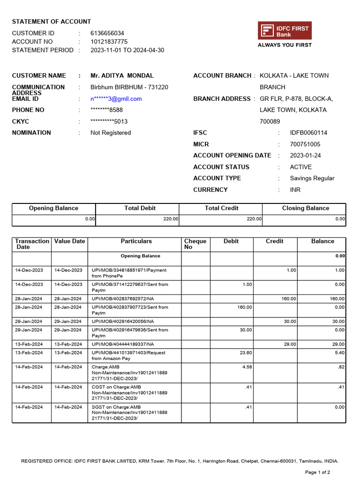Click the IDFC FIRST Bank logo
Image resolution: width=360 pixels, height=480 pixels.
pyautogui.click(x=285, y=31)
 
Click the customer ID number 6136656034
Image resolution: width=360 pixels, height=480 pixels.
pyautogui.click(x=107, y=33)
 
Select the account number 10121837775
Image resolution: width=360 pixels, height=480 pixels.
pyautogui.click(x=109, y=42)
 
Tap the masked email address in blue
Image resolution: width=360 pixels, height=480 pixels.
pyautogui.click(x=116, y=99)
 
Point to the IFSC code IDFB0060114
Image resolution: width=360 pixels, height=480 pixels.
pyautogui.click(x=308, y=133)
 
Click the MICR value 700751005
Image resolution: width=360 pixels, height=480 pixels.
pyautogui.click(x=305, y=144)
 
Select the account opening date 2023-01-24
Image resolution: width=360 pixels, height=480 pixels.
pyautogui.click(x=305, y=156)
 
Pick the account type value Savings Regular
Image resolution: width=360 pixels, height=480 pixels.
pyautogui.click(x=312, y=178)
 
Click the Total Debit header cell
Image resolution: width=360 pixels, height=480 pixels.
pyautogui.click(x=140, y=208)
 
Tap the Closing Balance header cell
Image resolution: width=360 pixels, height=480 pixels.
pyautogui.click(x=305, y=208)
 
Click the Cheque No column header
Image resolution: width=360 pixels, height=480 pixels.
pyautogui.click(x=195, y=244)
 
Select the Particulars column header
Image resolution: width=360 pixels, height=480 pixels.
pyautogui.click(x=136, y=241)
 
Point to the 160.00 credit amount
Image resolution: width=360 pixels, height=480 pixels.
pyautogui.click(x=288, y=299)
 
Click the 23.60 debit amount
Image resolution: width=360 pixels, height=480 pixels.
pyautogui.click(x=246, y=352)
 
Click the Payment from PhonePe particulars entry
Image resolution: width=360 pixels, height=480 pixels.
pyautogui.click(x=129, y=273)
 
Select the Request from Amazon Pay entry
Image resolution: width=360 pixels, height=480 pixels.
pyautogui.click(x=129, y=355)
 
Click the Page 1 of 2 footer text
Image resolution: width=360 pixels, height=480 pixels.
pyautogui.click(x=317, y=472)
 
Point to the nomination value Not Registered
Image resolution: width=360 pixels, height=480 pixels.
pyautogui.click(x=111, y=133)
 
